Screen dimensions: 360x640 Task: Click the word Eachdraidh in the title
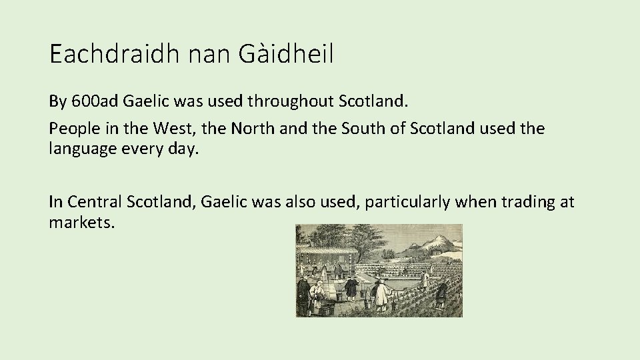(x=113, y=53)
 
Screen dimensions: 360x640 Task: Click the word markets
(x=82, y=222)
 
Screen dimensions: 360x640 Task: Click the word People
(x=74, y=127)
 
